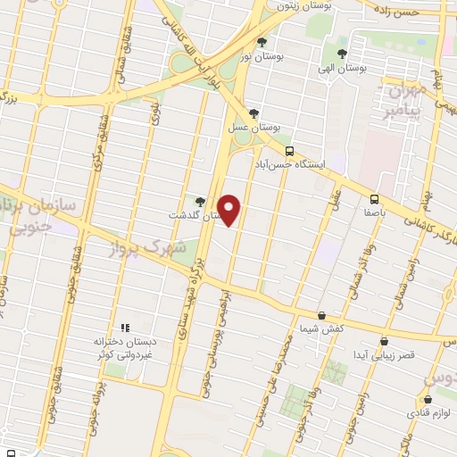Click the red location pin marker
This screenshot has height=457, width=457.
[230, 211]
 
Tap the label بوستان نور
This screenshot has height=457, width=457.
[262, 56]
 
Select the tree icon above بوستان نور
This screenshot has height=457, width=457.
[262, 43]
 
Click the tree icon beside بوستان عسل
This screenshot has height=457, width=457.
[255, 113]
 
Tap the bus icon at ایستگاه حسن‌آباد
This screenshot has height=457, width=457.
[288, 152]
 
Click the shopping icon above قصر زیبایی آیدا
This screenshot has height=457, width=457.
[384, 341]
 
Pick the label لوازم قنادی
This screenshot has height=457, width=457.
[432, 413]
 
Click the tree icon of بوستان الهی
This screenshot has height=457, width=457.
[342, 54]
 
